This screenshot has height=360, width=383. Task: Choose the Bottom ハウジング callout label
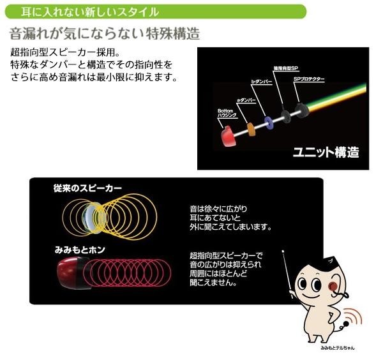tap(227, 112)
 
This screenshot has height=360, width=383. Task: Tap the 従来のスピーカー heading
tap(87, 188)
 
